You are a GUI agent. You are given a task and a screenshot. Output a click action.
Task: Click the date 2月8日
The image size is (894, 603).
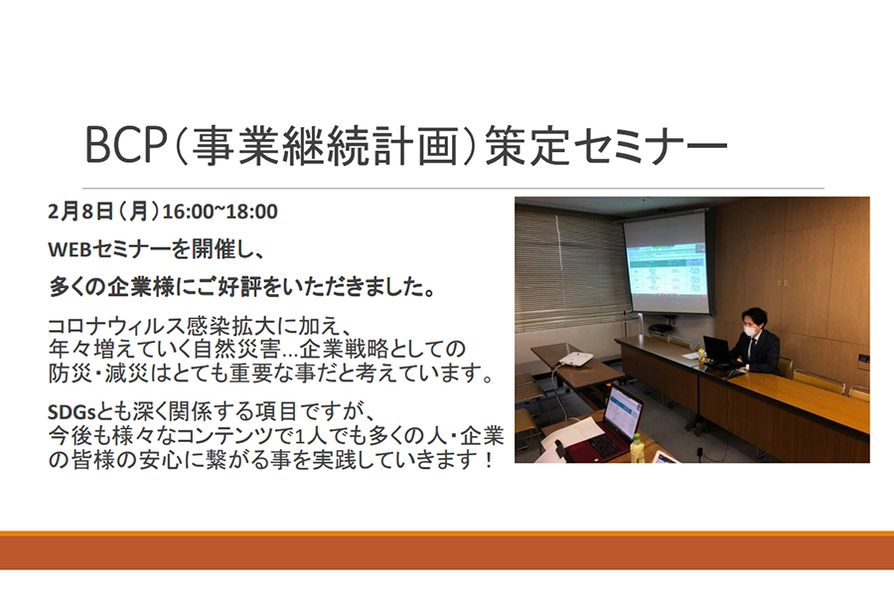[80, 212]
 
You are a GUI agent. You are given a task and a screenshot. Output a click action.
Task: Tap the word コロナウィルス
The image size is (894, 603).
[116, 326]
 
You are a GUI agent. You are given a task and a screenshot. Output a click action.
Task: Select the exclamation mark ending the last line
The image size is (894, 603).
[488, 459]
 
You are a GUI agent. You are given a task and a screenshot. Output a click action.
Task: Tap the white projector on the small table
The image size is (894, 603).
[575, 359]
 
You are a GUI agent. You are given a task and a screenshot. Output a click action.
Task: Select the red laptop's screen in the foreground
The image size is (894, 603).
[622, 411]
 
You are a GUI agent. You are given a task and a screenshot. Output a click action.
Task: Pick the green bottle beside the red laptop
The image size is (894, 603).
[637, 448]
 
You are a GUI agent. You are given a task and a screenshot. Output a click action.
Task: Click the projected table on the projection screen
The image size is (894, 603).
[666, 269]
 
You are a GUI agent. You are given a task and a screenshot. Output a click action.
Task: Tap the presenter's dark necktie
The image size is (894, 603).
[754, 346]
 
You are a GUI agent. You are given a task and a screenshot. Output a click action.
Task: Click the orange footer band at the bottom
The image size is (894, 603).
[447, 550]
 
